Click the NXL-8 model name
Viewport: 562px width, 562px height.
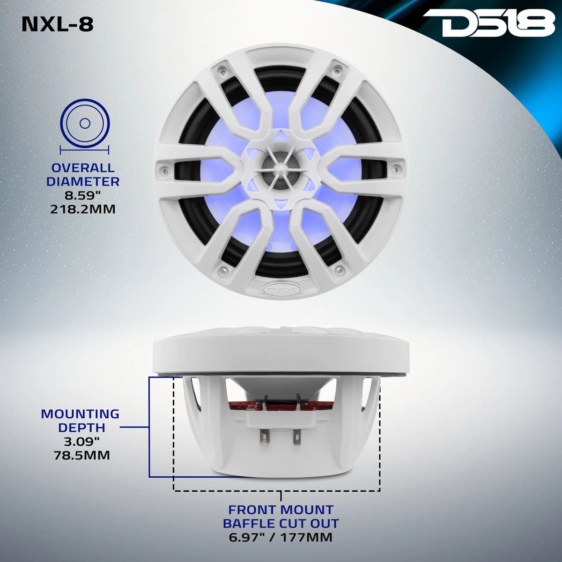pos(58,24)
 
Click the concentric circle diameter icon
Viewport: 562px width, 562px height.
pos(85,124)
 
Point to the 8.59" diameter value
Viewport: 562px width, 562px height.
pos(83,195)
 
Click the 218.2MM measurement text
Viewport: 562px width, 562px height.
pos(82,209)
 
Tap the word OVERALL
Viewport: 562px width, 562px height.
pos(82,168)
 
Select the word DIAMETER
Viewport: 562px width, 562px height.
pos(82,181)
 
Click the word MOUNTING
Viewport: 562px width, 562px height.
pos(80,414)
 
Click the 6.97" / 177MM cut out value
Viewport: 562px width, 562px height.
pos(281,537)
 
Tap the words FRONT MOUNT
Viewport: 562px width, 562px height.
pos(281,510)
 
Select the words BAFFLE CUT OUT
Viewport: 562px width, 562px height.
pos(281,523)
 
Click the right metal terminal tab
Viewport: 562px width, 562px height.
pos(296,439)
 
